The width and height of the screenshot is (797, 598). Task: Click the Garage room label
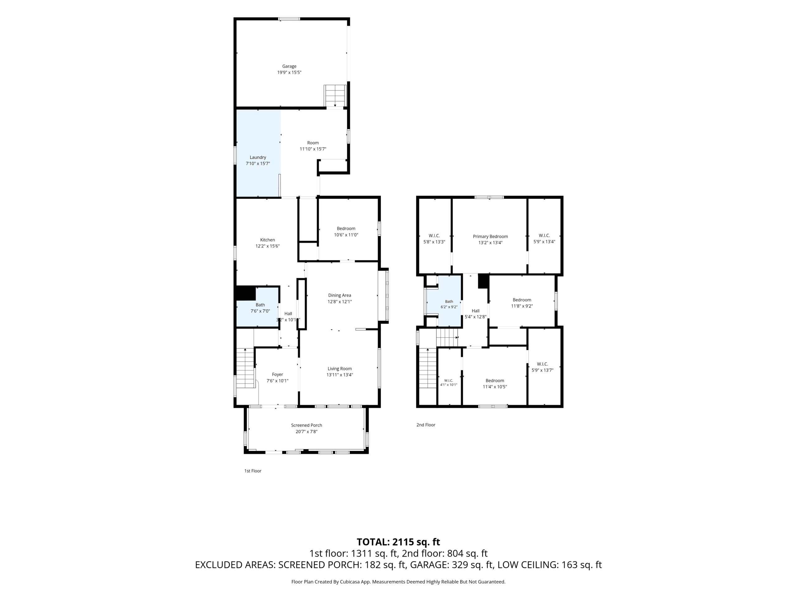point(289,66)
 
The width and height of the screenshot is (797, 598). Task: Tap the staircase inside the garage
point(335,96)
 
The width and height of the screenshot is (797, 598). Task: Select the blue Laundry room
point(258,153)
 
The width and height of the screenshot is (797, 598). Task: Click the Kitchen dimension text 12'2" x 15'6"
point(267,246)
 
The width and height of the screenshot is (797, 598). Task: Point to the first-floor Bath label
point(260,305)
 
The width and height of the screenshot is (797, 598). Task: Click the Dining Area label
point(339,296)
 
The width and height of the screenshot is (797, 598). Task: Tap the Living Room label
point(339,369)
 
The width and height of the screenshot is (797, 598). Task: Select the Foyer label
point(277,374)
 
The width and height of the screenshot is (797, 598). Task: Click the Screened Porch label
point(307,425)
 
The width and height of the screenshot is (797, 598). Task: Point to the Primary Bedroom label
point(490,237)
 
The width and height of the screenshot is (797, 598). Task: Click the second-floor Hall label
point(476,311)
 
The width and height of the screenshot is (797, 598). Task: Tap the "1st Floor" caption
point(252,471)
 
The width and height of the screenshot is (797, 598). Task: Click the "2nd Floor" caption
point(426,425)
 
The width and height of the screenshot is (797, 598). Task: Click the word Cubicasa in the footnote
point(348,582)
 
